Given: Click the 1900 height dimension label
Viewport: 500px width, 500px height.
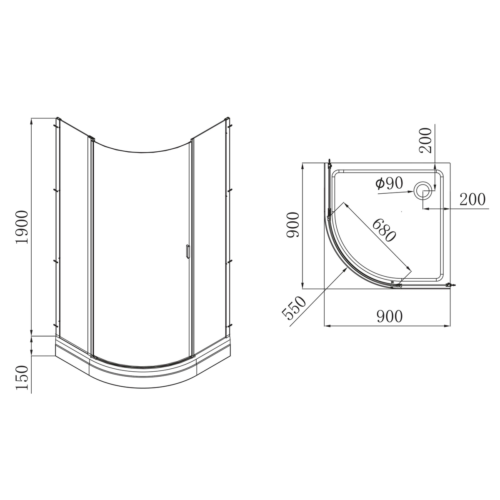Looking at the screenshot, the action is pos(22,227).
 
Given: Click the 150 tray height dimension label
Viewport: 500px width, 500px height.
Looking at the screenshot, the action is pos(22,377).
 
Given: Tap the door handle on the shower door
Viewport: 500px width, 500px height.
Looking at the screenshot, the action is pos(187,251).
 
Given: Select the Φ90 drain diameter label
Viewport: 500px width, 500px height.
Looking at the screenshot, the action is pos(389,183).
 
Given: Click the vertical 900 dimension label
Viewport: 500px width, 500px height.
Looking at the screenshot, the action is pos(292,225).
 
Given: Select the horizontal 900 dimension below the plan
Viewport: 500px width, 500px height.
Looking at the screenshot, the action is pos(390,316).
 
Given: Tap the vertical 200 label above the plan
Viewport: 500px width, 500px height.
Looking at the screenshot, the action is pos(426,140).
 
